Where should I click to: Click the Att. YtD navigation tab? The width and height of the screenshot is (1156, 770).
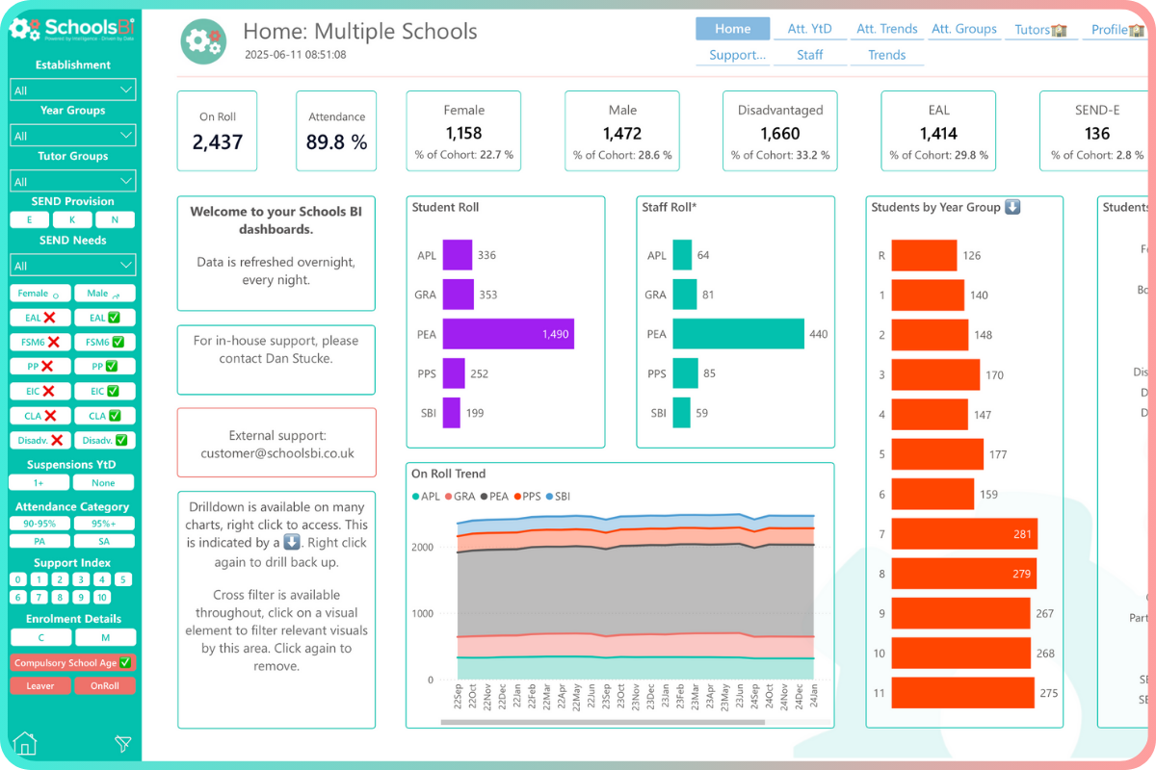pyautogui.click(x=809, y=29)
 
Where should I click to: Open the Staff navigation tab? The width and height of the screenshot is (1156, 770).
pyautogui.click(x=809, y=55)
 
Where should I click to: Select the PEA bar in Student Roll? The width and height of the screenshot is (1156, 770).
pyautogui.click(x=508, y=335)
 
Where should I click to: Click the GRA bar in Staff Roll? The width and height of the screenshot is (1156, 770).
pyautogui.click(x=685, y=295)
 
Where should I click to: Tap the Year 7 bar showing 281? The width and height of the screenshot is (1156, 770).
pyautogui.click(x=963, y=534)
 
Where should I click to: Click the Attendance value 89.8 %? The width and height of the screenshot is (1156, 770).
pyautogui.click(x=336, y=142)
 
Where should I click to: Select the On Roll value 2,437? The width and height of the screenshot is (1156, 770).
pyautogui.click(x=218, y=142)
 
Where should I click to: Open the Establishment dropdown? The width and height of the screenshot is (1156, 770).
pyautogui.click(x=73, y=90)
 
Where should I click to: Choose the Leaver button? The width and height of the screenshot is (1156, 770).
pyautogui.click(x=40, y=686)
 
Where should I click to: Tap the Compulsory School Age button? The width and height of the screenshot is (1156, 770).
pyautogui.click(x=73, y=663)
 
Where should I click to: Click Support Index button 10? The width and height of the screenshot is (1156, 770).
pyautogui.click(x=103, y=598)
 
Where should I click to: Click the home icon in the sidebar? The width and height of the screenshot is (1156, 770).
pyautogui.click(x=26, y=744)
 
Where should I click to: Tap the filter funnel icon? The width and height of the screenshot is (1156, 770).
pyautogui.click(x=122, y=744)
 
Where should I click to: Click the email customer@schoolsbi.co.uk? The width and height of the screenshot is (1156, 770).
pyautogui.click(x=277, y=453)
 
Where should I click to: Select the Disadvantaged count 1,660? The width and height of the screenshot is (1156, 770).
pyautogui.click(x=779, y=134)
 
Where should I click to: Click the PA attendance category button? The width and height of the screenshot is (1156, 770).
pyautogui.click(x=40, y=542)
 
